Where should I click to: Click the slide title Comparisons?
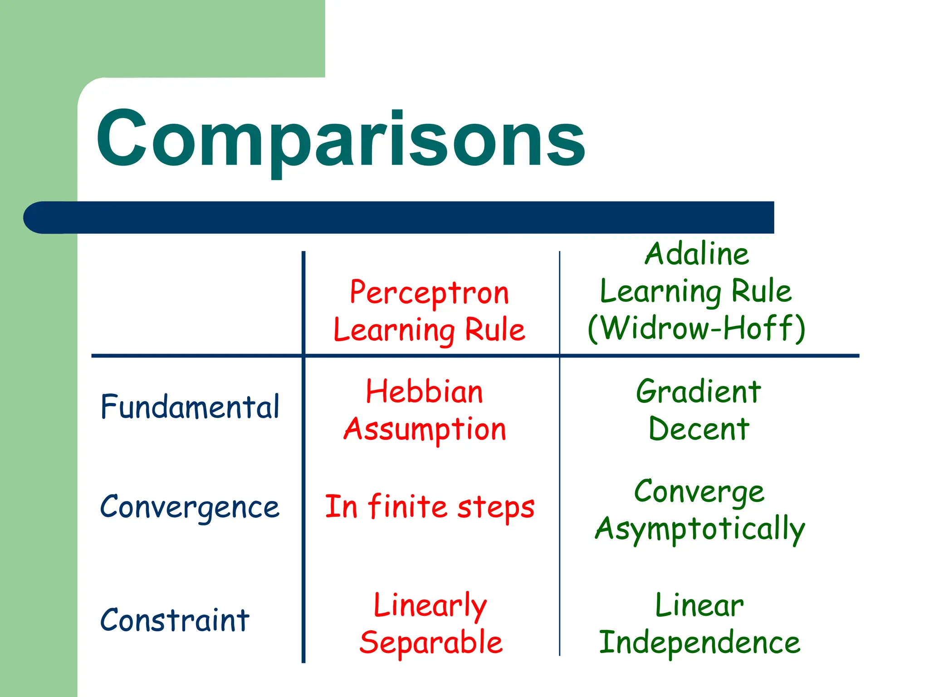click(340, 138)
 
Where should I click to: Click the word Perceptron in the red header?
click(429, 293)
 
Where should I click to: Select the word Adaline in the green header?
click(696, 254)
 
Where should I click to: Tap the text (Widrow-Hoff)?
click(696, 328)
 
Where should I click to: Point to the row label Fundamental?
click(190, 407)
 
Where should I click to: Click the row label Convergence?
click(190, 507)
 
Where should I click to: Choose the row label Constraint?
click(175, 620)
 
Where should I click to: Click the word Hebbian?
click(424, 392)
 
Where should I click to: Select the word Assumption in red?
click(425, 430)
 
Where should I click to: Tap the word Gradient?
click(698, 392)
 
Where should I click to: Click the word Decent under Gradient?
click(699, 429)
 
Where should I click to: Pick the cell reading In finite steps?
click(430, 507)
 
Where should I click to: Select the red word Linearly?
click(430, 606)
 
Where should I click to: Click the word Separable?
click(431, 643)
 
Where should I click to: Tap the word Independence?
click(699, 643)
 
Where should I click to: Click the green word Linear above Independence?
click(699, 605)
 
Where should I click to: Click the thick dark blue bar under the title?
click(408, 217)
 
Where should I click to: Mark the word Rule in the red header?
click(495, 330)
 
